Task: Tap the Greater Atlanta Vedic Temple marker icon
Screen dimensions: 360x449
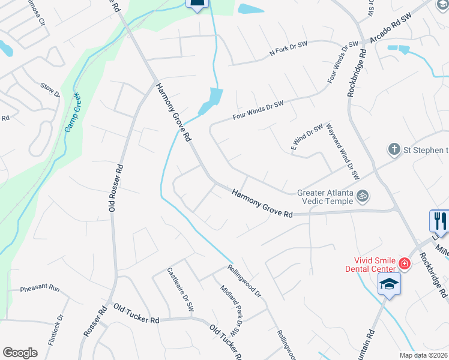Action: click(362, 196)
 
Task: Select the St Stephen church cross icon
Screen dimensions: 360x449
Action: click(394, 149)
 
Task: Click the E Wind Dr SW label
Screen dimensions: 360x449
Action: click(307, 138)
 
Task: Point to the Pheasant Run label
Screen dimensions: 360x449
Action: click(40, 289)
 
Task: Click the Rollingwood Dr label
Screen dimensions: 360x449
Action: click(244, 281)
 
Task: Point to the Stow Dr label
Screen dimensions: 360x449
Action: click(50, 90)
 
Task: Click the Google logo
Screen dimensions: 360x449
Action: click(20, 353)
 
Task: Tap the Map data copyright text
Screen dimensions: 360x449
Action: click(423, 355)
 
